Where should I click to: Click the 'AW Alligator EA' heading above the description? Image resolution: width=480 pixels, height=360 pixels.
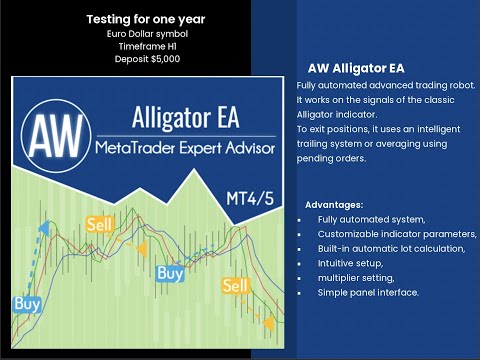(346, 68)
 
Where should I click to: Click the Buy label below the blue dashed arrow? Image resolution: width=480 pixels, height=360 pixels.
(27, 302)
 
